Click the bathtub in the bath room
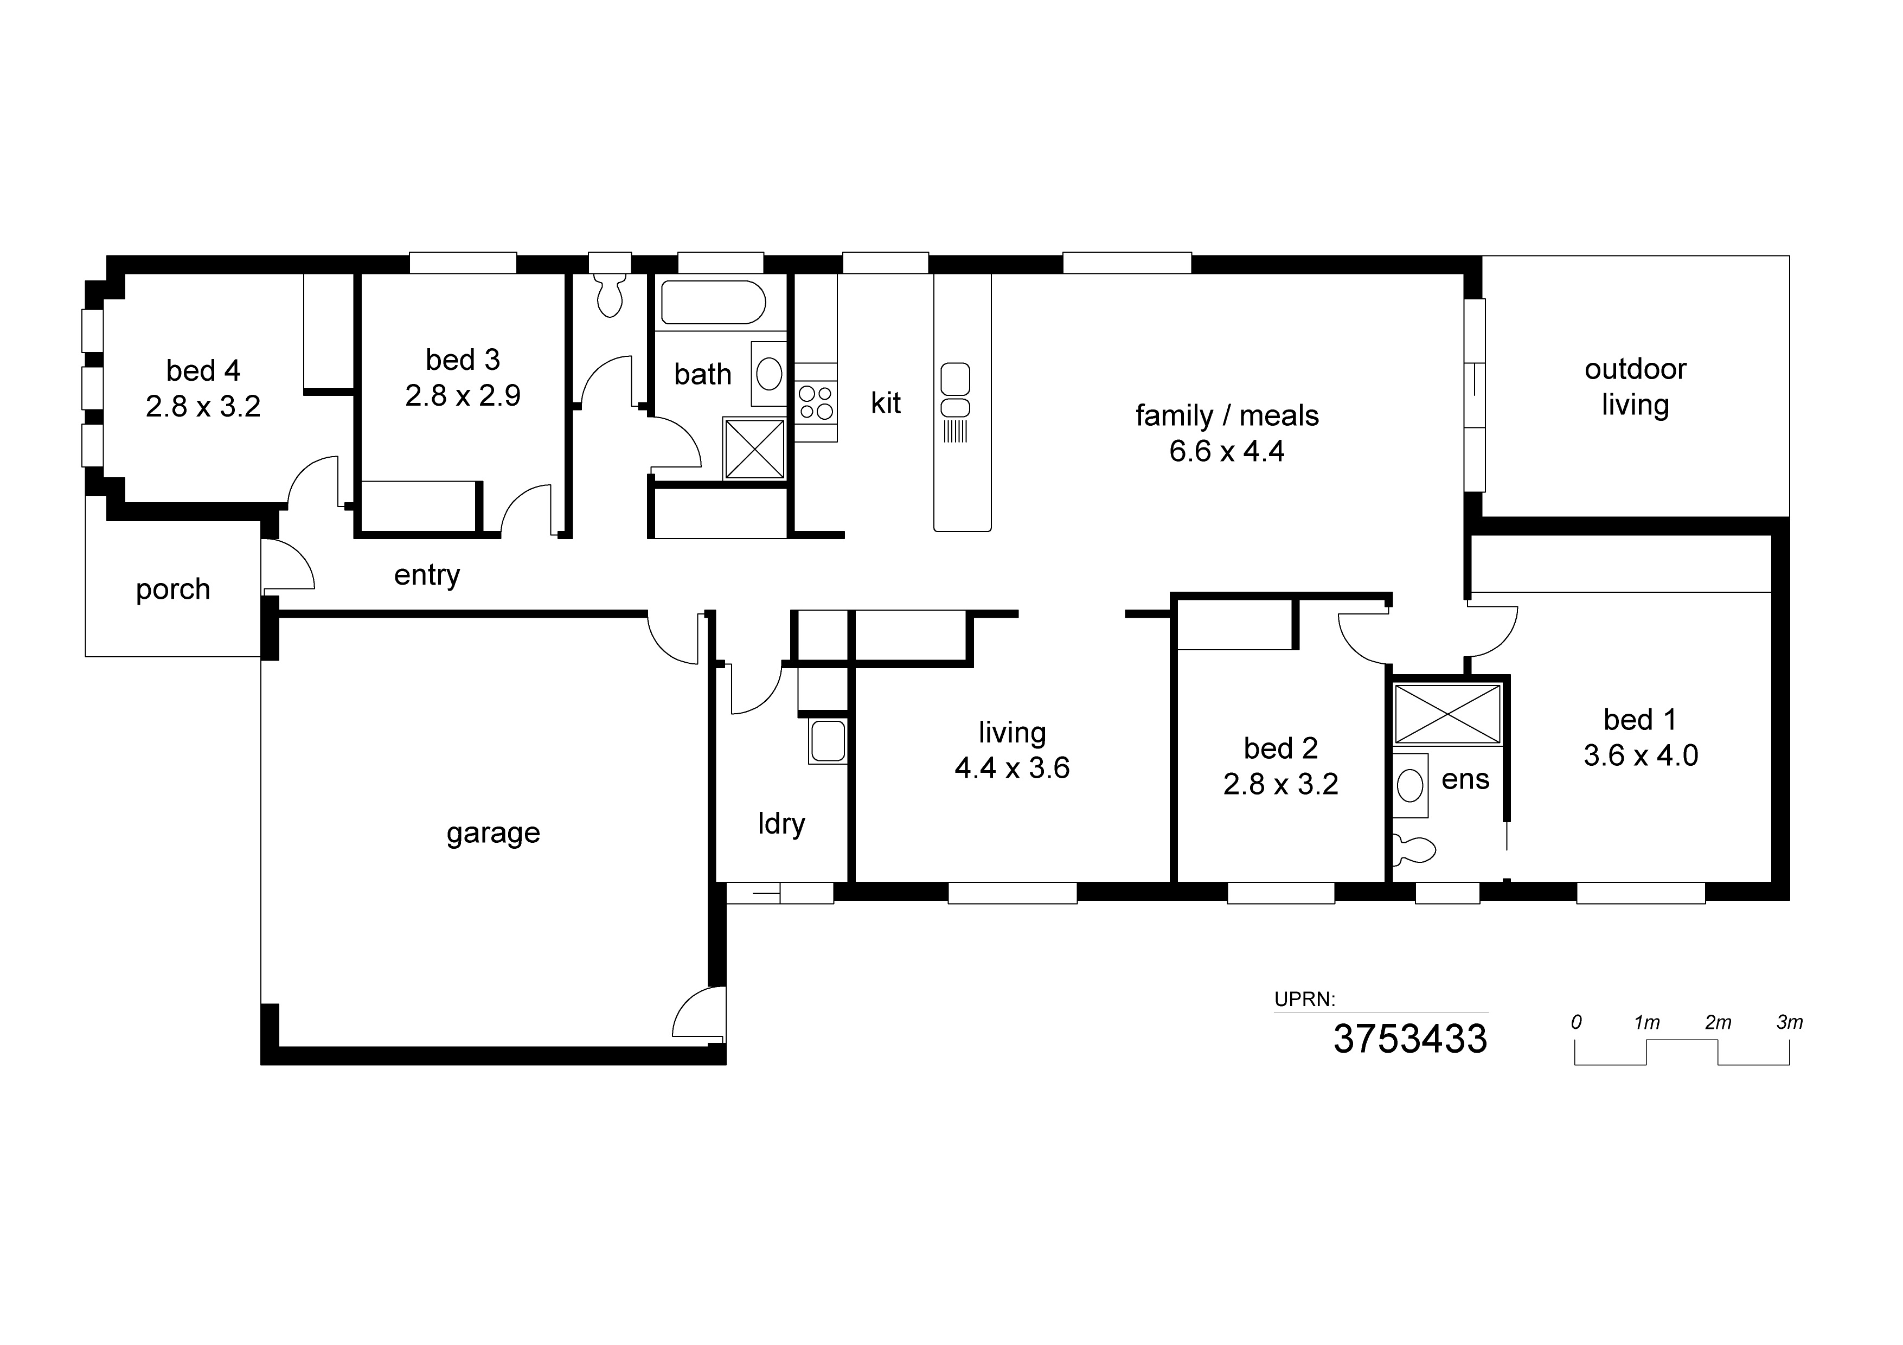(712, 303)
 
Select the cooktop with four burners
(816, 403)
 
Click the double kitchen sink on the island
(955, 391)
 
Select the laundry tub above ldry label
(827, 741)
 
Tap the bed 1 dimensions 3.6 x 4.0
(1641, 755)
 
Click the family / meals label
(1227, 415)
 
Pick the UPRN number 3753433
(1410, 1039)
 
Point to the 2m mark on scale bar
(1718, 1023)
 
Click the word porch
(172, 589)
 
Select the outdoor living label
(1635, 386)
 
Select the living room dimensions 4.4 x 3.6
(1012, 768)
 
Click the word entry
(427, 575)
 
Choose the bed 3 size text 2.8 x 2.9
(463, 395)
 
